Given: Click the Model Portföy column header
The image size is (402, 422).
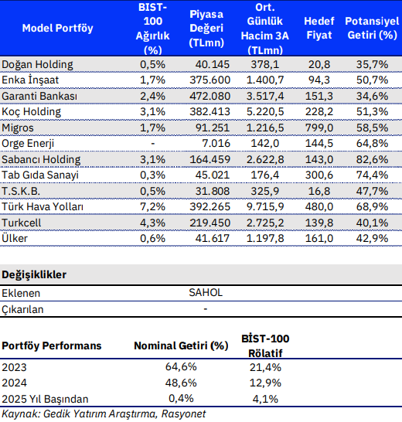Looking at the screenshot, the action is click(57, 28).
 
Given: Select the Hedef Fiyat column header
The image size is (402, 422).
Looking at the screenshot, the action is click(319, 28).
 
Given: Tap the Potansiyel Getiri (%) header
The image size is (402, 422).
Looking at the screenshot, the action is click(372, 28).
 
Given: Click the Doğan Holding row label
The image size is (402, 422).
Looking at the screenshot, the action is click(37, 65).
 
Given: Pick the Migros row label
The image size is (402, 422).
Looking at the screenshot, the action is click(18, 128).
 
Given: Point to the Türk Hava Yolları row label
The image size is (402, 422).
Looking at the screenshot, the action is click(43, 206).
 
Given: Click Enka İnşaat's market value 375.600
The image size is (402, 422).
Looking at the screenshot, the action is click(210, 80).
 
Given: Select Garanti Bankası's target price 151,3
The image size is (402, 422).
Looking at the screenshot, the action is click(319, 96).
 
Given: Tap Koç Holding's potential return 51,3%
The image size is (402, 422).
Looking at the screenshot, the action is click(372, 112).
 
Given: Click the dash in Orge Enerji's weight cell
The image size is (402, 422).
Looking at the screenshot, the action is click(152, 144).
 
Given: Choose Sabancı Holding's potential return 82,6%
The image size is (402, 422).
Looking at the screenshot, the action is click(372, 159).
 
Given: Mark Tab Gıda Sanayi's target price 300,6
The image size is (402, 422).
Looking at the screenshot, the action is click(319, 175).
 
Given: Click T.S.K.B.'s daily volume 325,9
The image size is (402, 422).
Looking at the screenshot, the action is click(265, 191).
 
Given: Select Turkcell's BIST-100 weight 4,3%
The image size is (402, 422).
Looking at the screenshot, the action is click(152, 223).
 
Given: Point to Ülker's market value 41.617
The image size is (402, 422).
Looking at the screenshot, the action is click(213, 239).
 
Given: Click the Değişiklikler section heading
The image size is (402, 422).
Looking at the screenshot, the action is click(34, 275).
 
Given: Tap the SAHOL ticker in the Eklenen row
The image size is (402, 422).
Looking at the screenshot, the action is click(206, 293).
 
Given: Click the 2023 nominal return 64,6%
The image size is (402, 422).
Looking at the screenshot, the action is click(181, 367).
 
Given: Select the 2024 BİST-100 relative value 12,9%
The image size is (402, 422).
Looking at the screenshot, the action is click(265, 383).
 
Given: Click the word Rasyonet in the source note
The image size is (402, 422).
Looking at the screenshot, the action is click(183, 414).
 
